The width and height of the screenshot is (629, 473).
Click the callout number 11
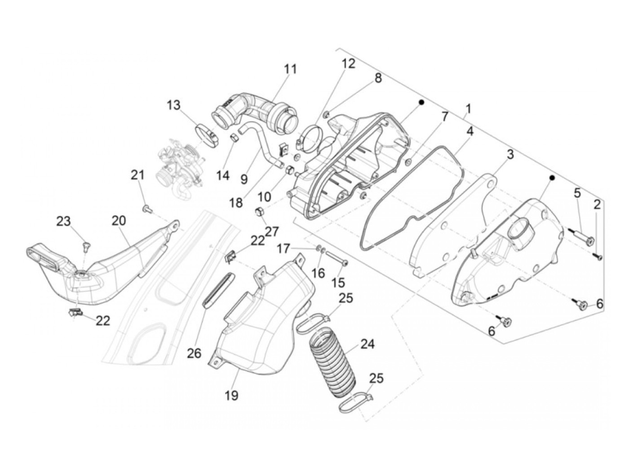(x=290, y=69)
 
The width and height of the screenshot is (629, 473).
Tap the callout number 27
(x=272, y=232)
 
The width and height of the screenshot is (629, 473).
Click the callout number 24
(x=367, y=344)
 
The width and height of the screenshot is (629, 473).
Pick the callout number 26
(x=194, y=353)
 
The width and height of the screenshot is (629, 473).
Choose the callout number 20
(x=119, y=221)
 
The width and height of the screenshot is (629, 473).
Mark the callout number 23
(x=63, y=221)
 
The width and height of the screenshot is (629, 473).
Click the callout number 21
(x=137, y=174)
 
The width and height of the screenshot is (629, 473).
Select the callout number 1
(x=468, y=109)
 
